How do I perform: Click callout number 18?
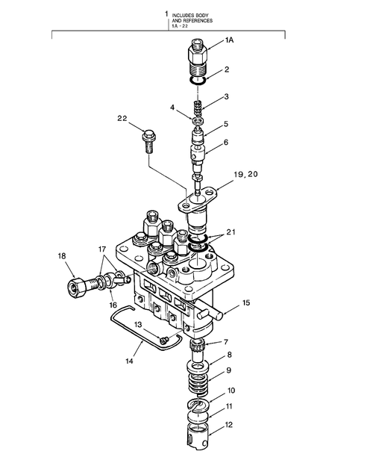point(63,257)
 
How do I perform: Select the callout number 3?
point(227,96)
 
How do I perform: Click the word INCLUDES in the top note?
point(184,15)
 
